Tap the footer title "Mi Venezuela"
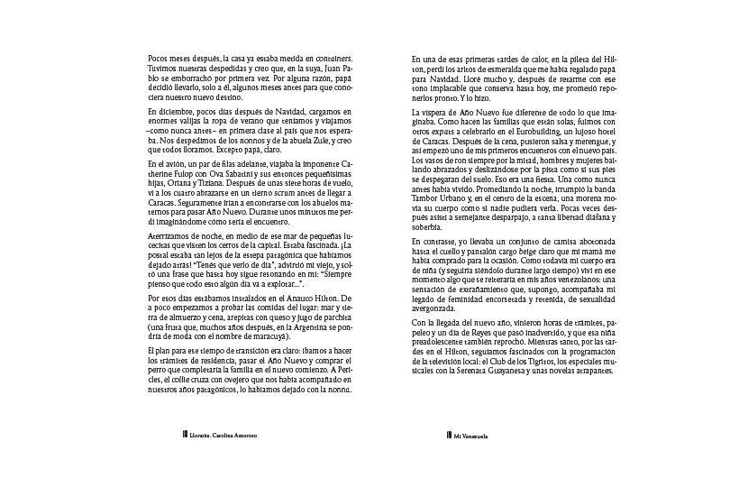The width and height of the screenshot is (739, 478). (471, 435)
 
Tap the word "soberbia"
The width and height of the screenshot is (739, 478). (426, 229)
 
